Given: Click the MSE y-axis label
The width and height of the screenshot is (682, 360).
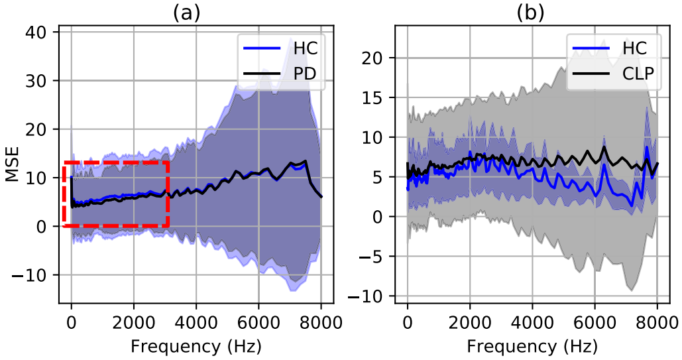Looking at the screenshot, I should click(12, 166).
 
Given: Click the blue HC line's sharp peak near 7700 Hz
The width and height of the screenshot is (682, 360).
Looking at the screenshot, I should click(647, 147).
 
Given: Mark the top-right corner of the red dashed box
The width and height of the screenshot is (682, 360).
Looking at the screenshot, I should click(168, 162).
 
